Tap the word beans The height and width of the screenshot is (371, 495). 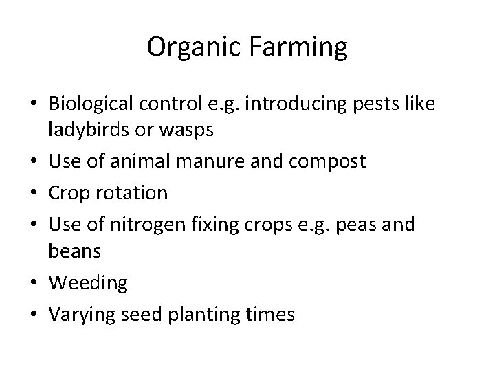[x=75, y=251]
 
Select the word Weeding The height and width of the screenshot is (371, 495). [x=88, y=282]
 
